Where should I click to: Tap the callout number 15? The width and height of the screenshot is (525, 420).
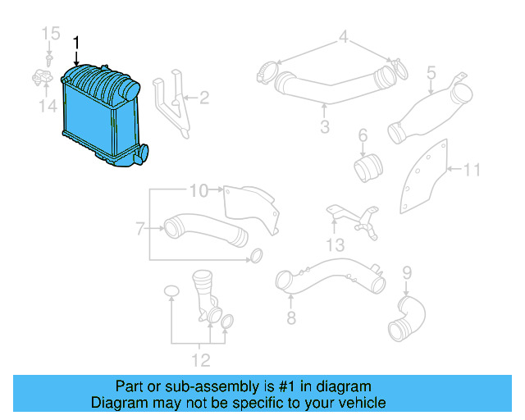(x=51, y=34)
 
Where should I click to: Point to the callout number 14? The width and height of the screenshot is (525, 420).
(x=51, y=107)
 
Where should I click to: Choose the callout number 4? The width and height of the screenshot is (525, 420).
(x=345, y=37)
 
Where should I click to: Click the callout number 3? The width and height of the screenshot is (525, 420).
(x=325, y=127)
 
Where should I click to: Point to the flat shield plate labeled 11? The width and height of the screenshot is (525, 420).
(x=425, y=176)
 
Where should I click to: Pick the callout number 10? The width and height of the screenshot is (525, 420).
(x=199, y=191)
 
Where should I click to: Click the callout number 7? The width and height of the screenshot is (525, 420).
(x=139, y=226)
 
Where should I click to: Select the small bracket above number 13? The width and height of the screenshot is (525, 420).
(x=353, y=217)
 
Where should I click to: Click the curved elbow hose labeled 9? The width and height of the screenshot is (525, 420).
(x=407, y=318)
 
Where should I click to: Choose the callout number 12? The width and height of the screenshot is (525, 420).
(x=201, y=358)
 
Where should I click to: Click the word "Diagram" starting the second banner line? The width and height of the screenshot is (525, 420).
(x=116, y=403)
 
